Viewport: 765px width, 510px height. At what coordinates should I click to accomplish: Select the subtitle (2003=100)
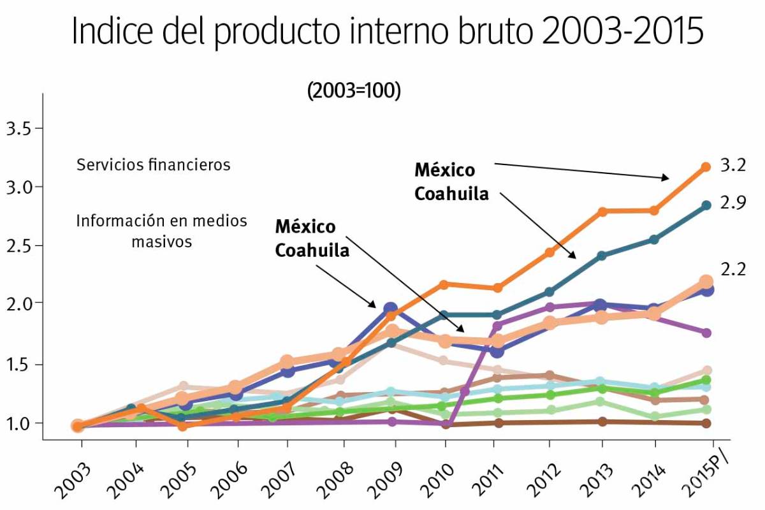tap(354, 91)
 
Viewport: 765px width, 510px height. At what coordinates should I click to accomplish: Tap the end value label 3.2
tap(732, 165)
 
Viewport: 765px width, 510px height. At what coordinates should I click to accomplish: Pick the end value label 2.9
tap(732, 203)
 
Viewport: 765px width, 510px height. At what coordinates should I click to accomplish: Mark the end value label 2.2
tap(732, 270)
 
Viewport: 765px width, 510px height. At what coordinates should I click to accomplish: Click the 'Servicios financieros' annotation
tap(153, 165)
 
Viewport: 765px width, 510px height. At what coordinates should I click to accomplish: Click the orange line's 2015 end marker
tap(706, 167)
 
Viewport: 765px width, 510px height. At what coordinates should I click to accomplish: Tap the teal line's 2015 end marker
tap(706, 205)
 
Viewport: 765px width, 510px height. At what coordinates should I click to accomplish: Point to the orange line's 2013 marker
tap(601, 211)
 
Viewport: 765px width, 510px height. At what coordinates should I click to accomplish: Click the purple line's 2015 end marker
tap(706, 333)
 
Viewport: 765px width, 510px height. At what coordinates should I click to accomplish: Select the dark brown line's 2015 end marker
tap(706, 423)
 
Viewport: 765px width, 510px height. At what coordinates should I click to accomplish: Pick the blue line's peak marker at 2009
tap(391, 309)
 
